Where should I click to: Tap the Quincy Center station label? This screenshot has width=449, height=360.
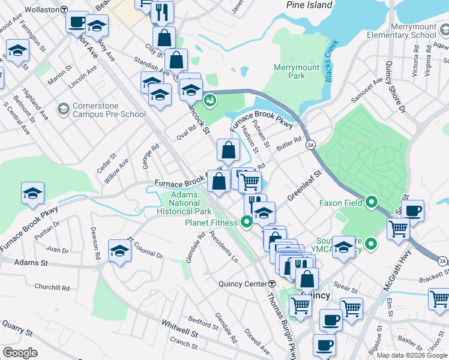click(247, 284)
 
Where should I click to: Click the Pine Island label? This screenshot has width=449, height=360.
click(310, 5)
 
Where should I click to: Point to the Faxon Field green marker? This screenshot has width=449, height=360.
click(371, 203)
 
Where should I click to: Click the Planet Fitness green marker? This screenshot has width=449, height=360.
click(246, 223)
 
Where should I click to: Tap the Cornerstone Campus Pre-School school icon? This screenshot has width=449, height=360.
click(64, 109)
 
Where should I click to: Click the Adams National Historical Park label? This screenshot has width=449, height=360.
click(184, 203)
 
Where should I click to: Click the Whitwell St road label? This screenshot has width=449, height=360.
click(179, 331)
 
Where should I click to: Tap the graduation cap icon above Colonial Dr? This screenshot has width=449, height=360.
click(120, 250)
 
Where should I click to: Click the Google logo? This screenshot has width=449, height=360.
click(20, 353)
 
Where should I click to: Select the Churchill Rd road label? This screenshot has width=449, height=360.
click(52, 287)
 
